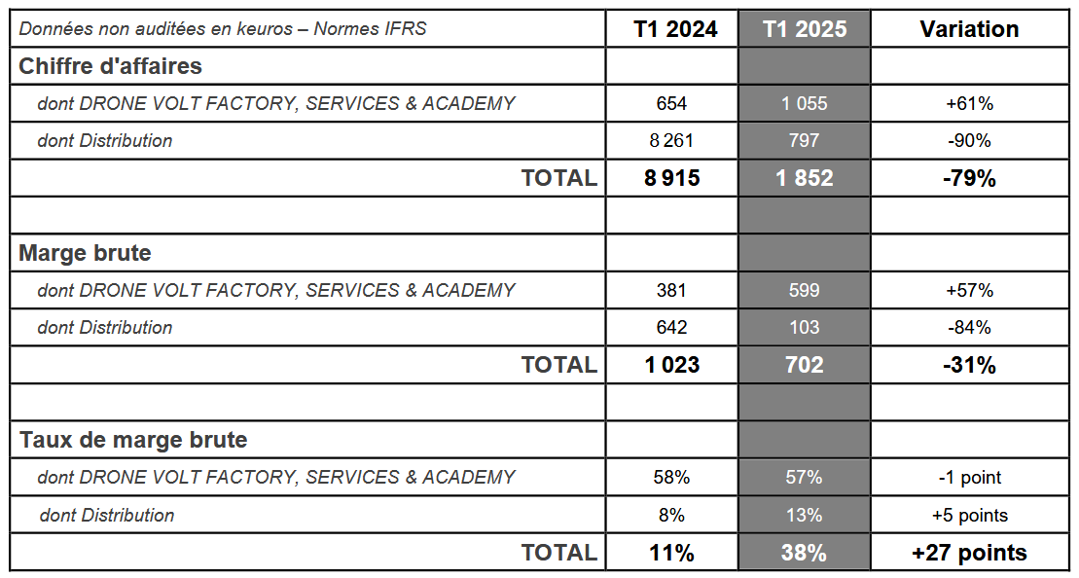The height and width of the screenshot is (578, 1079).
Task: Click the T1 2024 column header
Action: pyautogui.click(x=675, y=29)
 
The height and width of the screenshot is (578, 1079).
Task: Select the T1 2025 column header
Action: pyautogui.click(x=805, y=29)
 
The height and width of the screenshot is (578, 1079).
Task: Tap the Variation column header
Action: pyautogui.click(x=969, y=29)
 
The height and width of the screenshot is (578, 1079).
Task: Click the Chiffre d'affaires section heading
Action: pyautogui.click(x=111, y=66)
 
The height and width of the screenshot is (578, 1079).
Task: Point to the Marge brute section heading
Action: pyautogui.click(x=86, y=253)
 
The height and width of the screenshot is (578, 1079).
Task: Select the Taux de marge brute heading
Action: pyautogui.click(x=133, y=440)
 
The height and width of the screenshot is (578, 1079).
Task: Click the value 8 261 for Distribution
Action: pyautogui.click(x=671, y=140)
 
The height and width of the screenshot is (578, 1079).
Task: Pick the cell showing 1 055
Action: pyautogui.click(x=805, y=103)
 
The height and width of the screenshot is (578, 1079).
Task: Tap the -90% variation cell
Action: pyautogui.click(x=969, y=140)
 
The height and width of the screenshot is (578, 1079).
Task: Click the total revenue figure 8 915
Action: pyautogui.click(x=671, y=178)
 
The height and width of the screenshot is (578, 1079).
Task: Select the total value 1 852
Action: pyautogui.click(x=805, y=178)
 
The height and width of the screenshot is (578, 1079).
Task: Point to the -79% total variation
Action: pyautogui.click(x=969, y=178)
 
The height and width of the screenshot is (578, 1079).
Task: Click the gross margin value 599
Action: pyautogui.click(x=805, y=290)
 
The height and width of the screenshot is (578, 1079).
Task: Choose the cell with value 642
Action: pyautogui.click(x=671, y=327)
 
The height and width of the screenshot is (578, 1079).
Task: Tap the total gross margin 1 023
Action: pyautogui.click(x=671, y=365)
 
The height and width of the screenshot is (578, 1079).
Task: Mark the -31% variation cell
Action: pyautogui.click(x=969, y=365)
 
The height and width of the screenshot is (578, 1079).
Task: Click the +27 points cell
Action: pyautogui.click(x=969, y=553)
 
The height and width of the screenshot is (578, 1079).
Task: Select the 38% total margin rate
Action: pyautogui.click(x=804, y=553)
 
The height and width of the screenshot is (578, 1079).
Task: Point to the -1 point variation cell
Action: pyautogui.click(x=969, y=478)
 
